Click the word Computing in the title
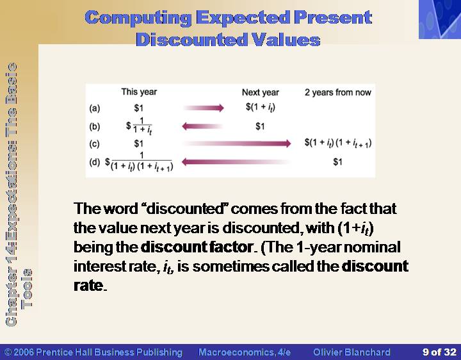point(138,18)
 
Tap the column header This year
point(139,92)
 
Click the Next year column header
point(260,92)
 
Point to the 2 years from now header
point(338,93)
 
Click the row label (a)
point(95,108)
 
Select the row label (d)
point(95,162)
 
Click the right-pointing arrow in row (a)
point(204,108)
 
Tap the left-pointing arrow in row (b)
point(202,126)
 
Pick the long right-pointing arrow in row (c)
point(237,143)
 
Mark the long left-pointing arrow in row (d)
point(236,162)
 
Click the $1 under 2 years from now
point(337,162)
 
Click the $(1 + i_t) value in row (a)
point(261,108)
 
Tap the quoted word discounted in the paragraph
point(186,209)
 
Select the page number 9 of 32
point(439,352)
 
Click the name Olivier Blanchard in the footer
point(352,352)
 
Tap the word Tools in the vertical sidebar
point(27,288)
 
